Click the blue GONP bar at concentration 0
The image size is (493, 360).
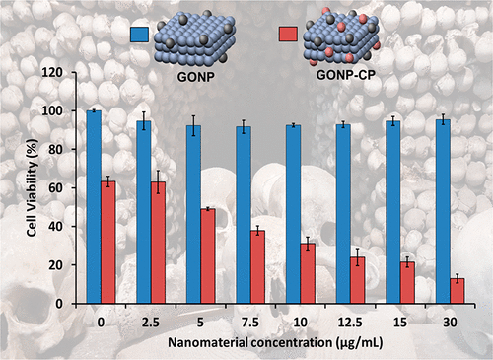[x=94, y=207]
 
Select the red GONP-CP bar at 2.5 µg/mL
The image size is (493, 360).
[x=158, y=243]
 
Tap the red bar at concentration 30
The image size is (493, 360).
[x=458, y=291]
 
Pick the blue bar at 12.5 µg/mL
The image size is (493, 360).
[x=343, y=214]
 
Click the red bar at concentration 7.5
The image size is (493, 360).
[x=257, y=266]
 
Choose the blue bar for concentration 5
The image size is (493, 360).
[x=193, y=214]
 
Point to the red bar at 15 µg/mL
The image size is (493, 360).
[x=407, y=282]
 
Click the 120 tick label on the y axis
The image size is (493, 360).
[x=52, y=72]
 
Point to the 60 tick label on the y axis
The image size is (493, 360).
[x=56, y=188]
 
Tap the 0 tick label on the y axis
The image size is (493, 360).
[x=59, y=304]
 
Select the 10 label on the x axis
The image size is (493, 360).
[x=300, y=323]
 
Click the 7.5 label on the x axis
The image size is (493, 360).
[x=250, y=323]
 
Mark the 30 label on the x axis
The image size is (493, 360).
[x=450, y=323]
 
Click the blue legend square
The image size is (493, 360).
[x=139, y=35]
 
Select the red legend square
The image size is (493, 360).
[x=288, y=35]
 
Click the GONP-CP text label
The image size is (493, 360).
[x=345, y=75]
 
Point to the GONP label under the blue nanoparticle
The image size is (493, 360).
[x=196, y=77]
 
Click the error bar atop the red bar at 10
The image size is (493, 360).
[x=308, y=244]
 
